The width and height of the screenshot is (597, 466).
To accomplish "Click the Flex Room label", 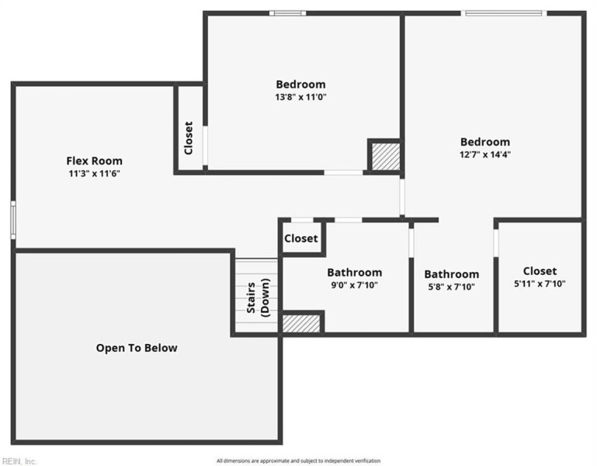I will tap(94, 161).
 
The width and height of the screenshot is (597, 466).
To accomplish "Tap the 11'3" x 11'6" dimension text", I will tap(94, 174).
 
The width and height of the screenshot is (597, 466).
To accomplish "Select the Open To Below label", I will tap(137, 348).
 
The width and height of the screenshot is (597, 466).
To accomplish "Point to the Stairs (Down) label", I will tap(259, 296).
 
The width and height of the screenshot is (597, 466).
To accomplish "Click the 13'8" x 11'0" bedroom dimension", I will tap(300, 97).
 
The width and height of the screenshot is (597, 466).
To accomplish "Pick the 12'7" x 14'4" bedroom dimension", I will tap(484, 155).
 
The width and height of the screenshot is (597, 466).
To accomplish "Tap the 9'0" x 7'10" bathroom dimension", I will tap(354, 285).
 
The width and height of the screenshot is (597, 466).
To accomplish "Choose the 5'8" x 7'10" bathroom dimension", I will tap(450, 287).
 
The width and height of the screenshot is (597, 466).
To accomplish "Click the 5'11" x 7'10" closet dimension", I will tap(540, 283).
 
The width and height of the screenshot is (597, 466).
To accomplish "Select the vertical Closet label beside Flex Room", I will tap(189, 137).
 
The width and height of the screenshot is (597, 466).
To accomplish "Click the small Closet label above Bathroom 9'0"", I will tap(300, 238).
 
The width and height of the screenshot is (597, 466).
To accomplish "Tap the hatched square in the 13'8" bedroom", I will tap(385, 156).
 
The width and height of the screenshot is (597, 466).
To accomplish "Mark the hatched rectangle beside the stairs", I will tap(302, 323).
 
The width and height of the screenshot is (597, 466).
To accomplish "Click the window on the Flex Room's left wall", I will tap(12, 220).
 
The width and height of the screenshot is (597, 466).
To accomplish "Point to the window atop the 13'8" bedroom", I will tap(287, 12).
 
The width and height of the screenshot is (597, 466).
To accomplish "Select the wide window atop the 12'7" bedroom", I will tap(503, 12).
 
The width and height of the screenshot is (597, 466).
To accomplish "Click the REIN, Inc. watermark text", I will tap(19, 461).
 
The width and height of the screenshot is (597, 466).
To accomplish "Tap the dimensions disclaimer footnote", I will tap(298, 461).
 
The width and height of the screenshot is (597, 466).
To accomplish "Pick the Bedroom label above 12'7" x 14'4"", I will tap(485, 141).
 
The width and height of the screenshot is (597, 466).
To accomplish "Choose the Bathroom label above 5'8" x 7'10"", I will tap(451, 274).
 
